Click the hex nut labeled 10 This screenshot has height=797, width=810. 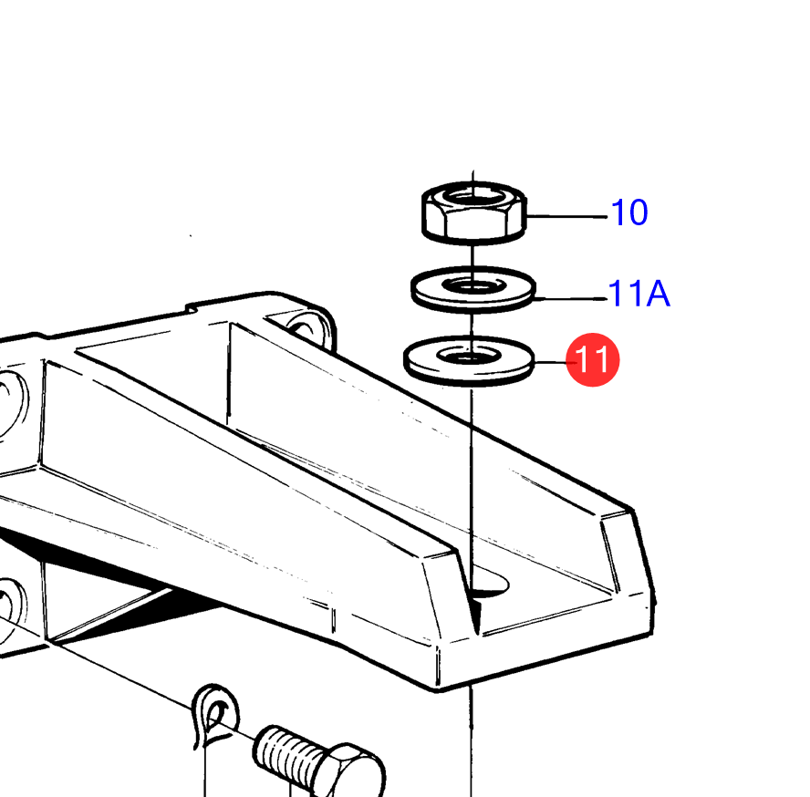coord(473,212)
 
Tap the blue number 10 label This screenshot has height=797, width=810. coord(629,212)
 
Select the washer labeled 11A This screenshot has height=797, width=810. coord(473,289)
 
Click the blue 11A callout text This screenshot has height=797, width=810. coord(639,294)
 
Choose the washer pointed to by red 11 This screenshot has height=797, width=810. coord(469,360)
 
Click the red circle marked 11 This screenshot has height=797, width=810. coord(593,359)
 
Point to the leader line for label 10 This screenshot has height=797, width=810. coord(566,216)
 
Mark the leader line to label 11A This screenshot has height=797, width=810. coord(571,298)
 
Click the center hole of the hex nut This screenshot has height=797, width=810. coord(473,197)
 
